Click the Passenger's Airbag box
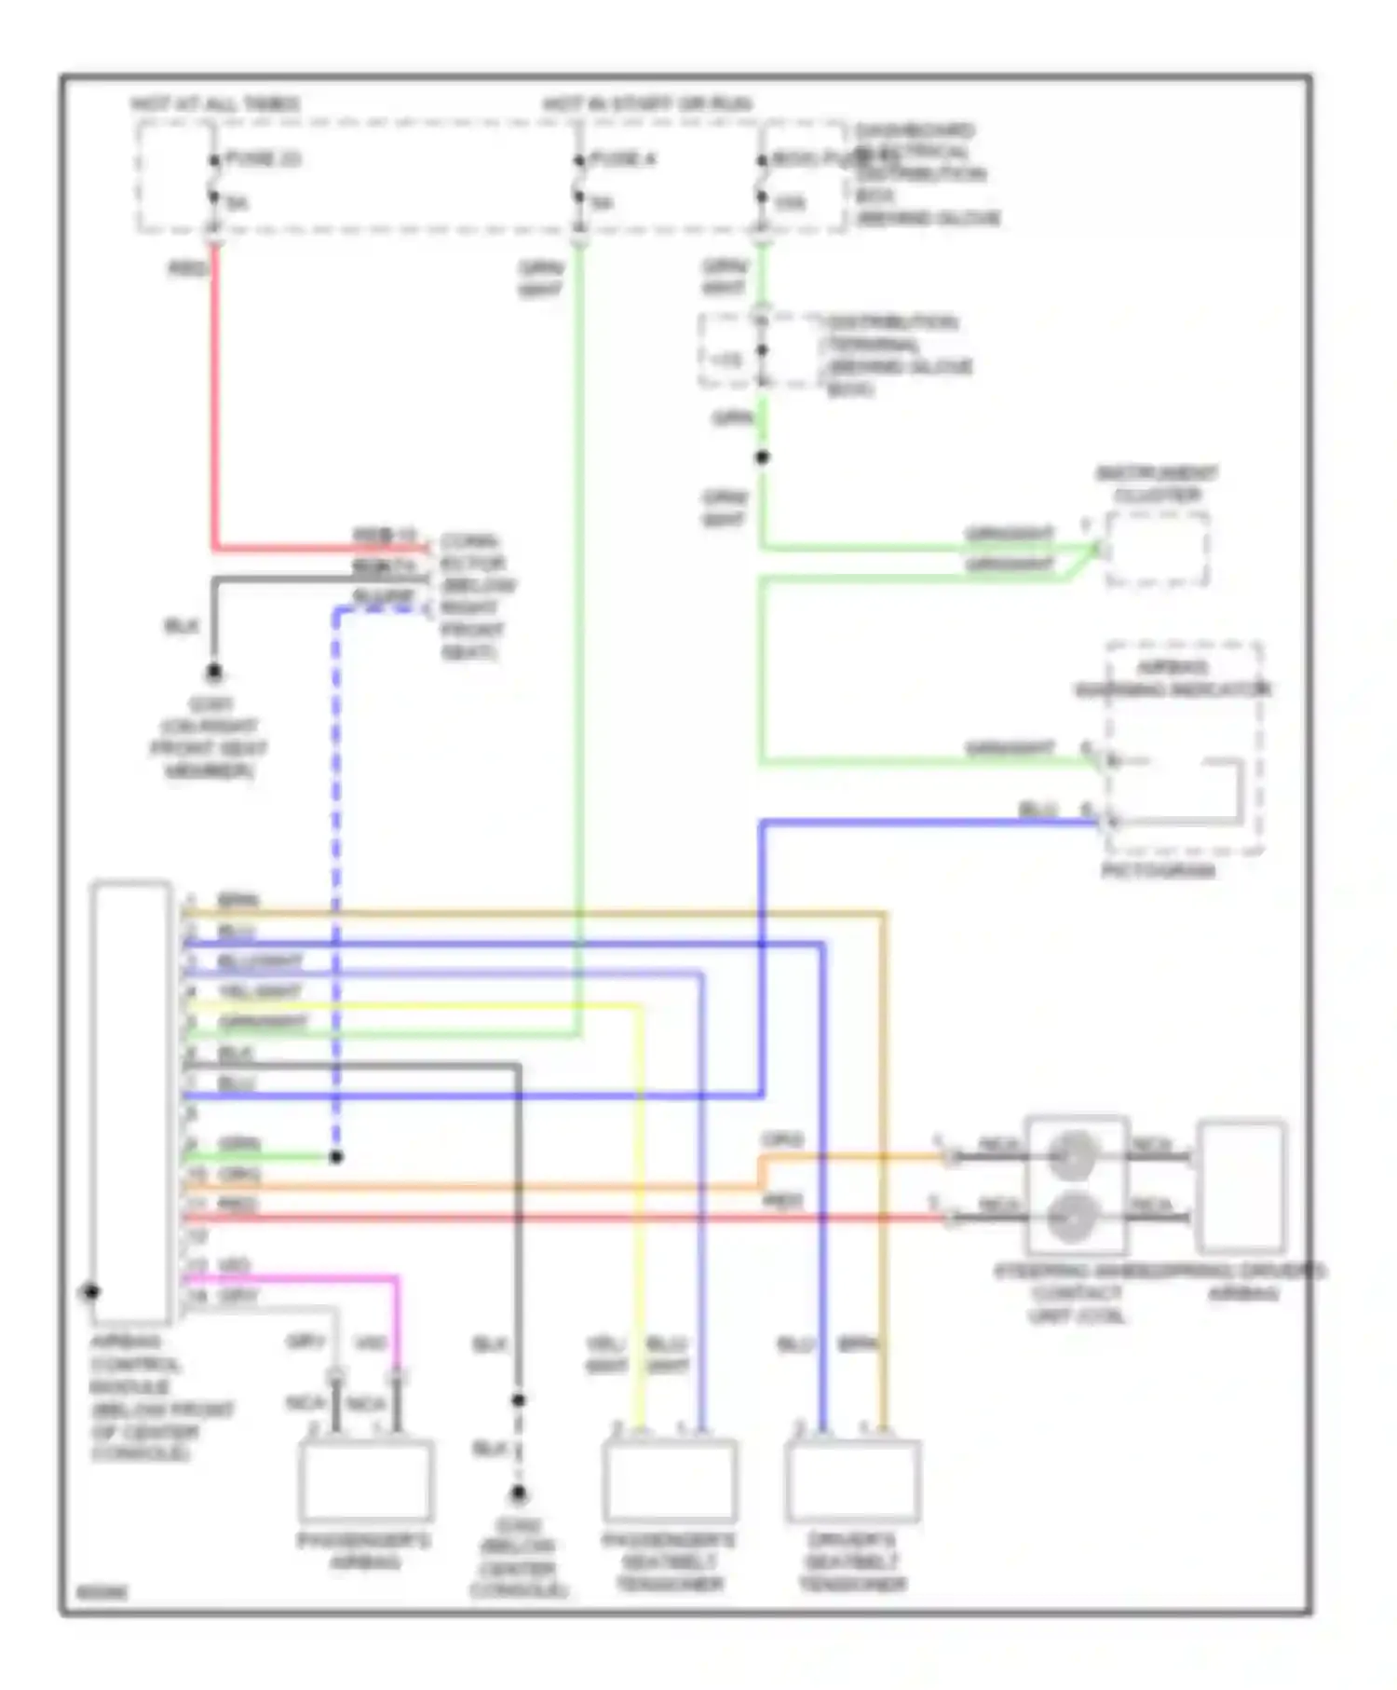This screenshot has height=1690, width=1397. click(365, 1480)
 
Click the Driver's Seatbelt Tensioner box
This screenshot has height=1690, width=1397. click(852, 1480)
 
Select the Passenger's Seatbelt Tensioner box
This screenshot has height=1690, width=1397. click(669, 1480)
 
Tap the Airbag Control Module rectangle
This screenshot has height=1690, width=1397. click(131, 1099)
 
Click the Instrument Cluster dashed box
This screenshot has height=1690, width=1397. click(1157, 550)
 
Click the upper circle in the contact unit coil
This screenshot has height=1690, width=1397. click(1073, 1155)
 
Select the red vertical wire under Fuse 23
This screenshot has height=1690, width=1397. click(214, 391)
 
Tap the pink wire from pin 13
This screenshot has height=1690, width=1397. click(395, 1323)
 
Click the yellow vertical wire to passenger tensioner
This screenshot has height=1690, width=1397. click(640, 1211)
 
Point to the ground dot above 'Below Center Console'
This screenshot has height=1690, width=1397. click(519, 1494)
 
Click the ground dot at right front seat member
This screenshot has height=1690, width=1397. click(213, 672)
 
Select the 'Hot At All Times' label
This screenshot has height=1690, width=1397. click(216, 103)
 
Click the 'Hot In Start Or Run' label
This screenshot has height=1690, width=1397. click(647, 103)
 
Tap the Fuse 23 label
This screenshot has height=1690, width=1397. click(263, 159)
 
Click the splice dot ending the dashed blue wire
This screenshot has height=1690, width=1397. click(336, 1157)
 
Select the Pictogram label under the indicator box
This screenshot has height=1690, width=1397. click(1158, 870)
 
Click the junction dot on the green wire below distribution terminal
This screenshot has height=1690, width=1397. click(762, 457)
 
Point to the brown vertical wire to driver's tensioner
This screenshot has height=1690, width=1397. click(885, 1165)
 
